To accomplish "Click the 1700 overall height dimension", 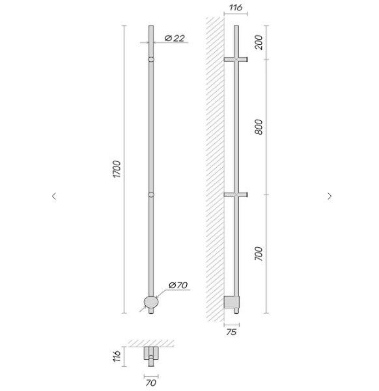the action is click(x=117, y=169).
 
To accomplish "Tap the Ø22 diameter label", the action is click(x=175, y=38).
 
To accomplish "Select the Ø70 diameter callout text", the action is click(x=178, y=285).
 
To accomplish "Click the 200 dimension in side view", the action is click(x=259, y=42).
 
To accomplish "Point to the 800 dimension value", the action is click(x=259, y=127).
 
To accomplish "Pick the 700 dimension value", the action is click(x=259, y=254).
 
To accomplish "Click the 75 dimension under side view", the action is click(x=231, y=332).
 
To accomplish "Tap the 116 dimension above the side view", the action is click(x=236, y=7).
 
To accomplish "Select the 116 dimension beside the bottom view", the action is click(x=117, y=356).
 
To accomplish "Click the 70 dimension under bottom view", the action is click(x=151, y=383).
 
